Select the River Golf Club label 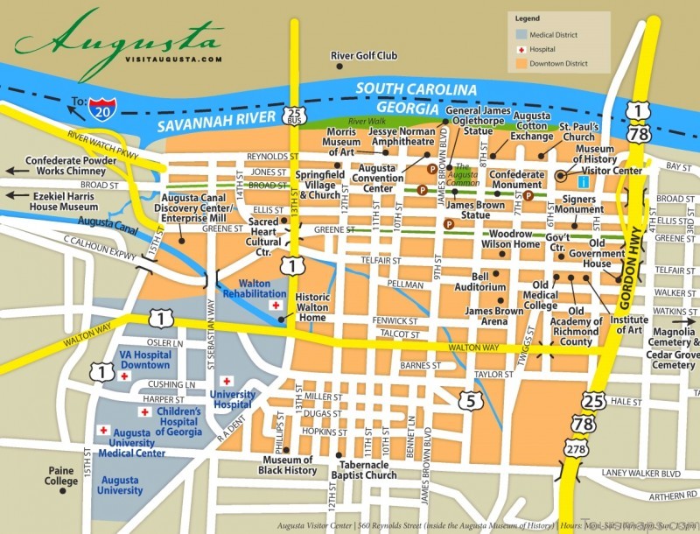[364, 56]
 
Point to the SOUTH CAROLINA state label [416, 89]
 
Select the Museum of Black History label [288, 466]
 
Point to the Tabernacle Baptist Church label [363, 469]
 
